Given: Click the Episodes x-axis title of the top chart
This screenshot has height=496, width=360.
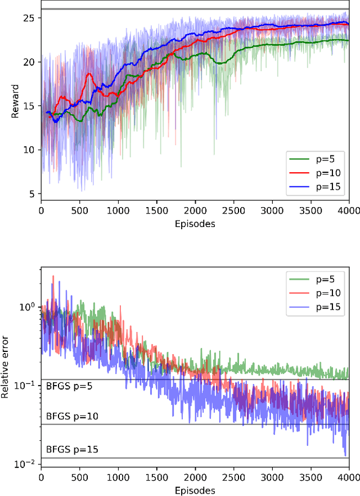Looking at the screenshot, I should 195,222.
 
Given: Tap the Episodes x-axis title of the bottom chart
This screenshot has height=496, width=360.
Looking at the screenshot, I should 195,490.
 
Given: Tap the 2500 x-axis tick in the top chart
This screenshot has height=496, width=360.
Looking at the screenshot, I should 233,211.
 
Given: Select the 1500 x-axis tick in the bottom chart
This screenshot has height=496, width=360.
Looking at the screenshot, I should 156,479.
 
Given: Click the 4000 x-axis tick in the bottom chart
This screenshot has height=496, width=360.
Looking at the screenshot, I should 349,479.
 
